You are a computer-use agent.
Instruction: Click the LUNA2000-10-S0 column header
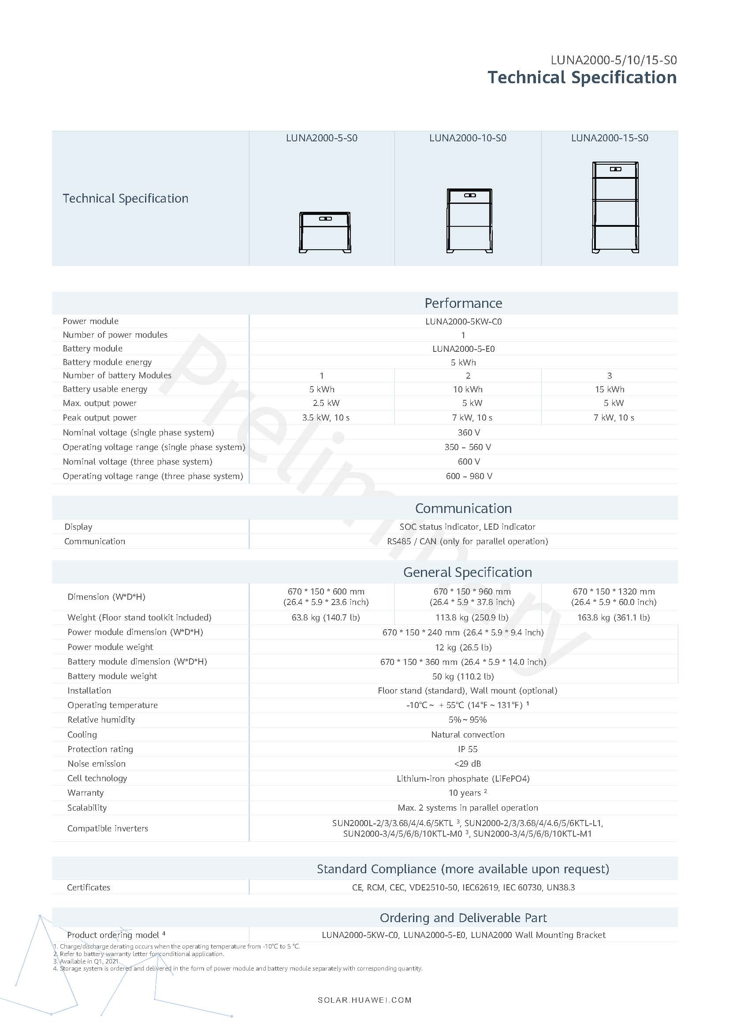[468, 138]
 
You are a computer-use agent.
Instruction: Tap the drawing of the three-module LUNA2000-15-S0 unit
[615, 207]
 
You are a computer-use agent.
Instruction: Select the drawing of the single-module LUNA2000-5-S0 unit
[324, 233]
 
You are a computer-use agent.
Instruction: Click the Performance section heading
[463, 303]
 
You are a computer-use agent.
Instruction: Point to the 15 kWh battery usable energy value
[609, 389]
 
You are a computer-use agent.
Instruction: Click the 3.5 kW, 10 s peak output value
[325, 417]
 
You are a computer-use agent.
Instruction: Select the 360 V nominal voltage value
[469, 432]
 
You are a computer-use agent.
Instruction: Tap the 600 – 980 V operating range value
[469, 476]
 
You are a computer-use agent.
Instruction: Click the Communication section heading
[463, 508]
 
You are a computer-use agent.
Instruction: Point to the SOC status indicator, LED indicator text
[467, 527]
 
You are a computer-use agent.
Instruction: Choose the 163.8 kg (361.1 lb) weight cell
[613, 617]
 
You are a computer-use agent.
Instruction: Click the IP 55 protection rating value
[467, 749]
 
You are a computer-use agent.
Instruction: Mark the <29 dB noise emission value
[467, 764]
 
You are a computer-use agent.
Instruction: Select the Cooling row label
[82, 735]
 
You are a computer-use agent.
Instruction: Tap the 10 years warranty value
[467, 793]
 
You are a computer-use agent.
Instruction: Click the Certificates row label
[89, 887]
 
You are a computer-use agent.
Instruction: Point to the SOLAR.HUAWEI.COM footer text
[364, 1000]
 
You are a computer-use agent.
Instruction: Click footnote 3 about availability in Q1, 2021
[86, 961]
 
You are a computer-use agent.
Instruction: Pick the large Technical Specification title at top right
[582, 78]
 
